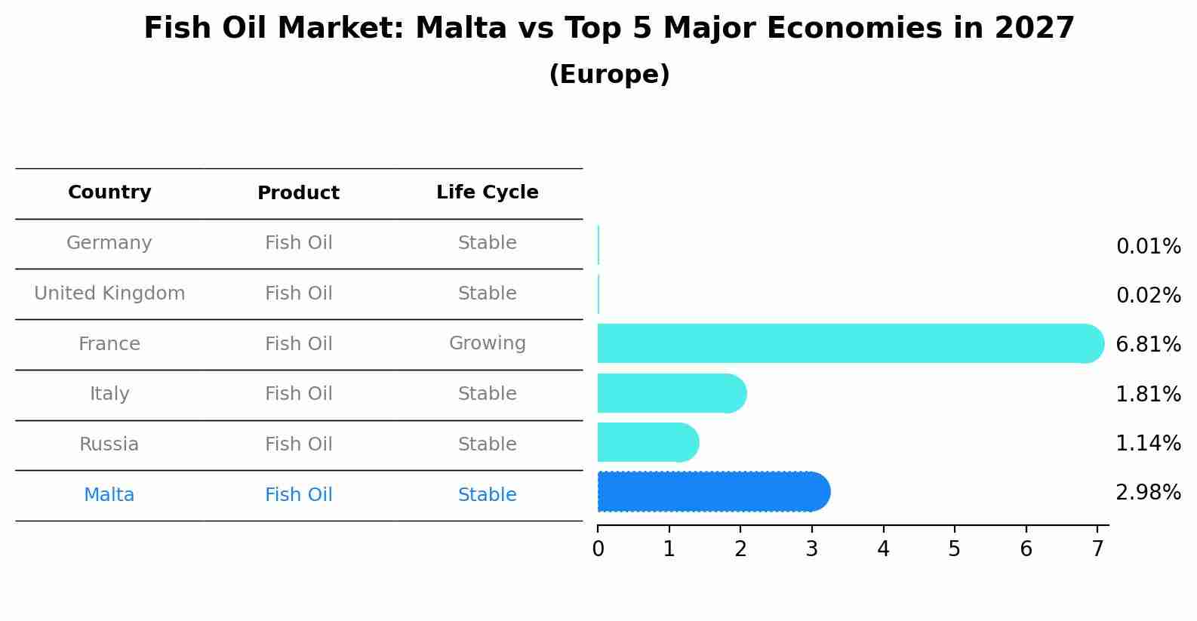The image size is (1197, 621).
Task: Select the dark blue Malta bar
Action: pyautogui.click(x=713, y=492)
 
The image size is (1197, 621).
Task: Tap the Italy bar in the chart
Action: pyautogui.click(x=672, y=393)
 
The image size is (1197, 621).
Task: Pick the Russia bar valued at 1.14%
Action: pyautogui.click(x=648, y=442)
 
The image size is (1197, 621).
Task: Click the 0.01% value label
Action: pyautogui.click(x=1148, y=247)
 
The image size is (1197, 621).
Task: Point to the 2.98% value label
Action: pyautogui.click(x=1148, y=493)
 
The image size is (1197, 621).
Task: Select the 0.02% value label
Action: pyautogui.click(x=1148, y=296)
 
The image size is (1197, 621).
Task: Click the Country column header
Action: pyautogui.click(x=109, y=192)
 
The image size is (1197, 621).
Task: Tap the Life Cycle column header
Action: pyautogui.click(x=487, y=192)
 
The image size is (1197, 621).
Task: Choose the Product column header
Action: pyautogui.click(x=298, y=193)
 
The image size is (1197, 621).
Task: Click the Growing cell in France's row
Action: pyautogui.click(x=487, y=343)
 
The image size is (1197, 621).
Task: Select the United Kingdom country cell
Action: pyautogui.click(x=109, y=294)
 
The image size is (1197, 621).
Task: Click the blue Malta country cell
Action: pyautogui.click(x=109, y=495)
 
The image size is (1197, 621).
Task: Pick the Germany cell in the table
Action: pyautogui.click(x=109, y=243)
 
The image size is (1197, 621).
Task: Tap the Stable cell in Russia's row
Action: pyautogui.click(x=487, y=444)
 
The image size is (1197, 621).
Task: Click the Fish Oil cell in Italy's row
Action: pyautogui.click(x=298, y=394)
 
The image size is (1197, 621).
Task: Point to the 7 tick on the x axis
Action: pyautogui.click(x=1097, y=549)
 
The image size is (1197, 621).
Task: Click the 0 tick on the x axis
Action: pyautogui.click(x=598, y=549)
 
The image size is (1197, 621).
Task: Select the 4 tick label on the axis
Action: pyautogui.click(x=883, y=549)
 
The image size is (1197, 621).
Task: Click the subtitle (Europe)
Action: pyautogui.click(x=609, y=75)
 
